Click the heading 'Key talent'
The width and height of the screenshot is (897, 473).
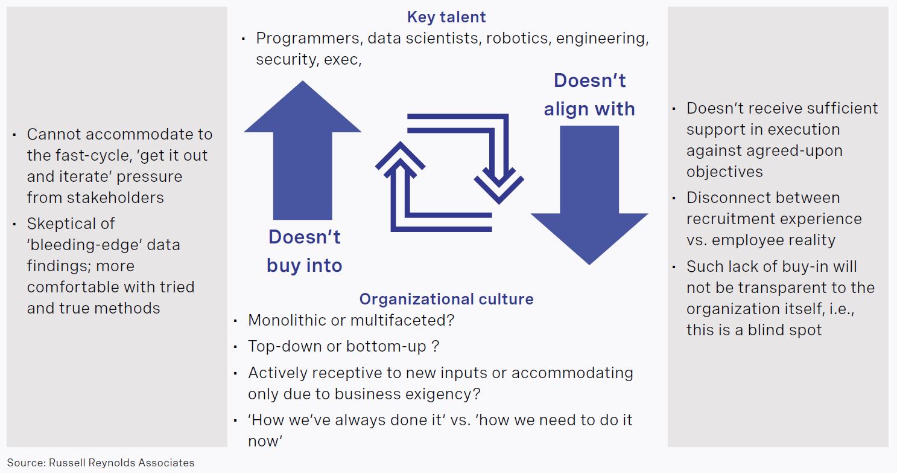coord(446,18)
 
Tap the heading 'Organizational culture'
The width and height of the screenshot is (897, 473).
coord(446,299)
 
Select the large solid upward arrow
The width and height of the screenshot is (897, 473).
coord(303,150)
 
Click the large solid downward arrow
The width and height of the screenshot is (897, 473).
coord(589,195)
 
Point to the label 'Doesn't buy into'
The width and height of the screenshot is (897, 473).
coord(305,251)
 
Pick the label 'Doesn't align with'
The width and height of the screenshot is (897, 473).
coord(589,95)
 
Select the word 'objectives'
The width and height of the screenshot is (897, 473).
coord(724,172)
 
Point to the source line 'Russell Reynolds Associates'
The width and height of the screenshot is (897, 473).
coord(122,463)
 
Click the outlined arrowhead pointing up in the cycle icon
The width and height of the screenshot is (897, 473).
coord(400,160)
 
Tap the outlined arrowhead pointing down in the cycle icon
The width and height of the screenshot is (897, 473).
coord(499,186)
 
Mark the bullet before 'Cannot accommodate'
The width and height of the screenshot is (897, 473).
coord(14,135)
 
